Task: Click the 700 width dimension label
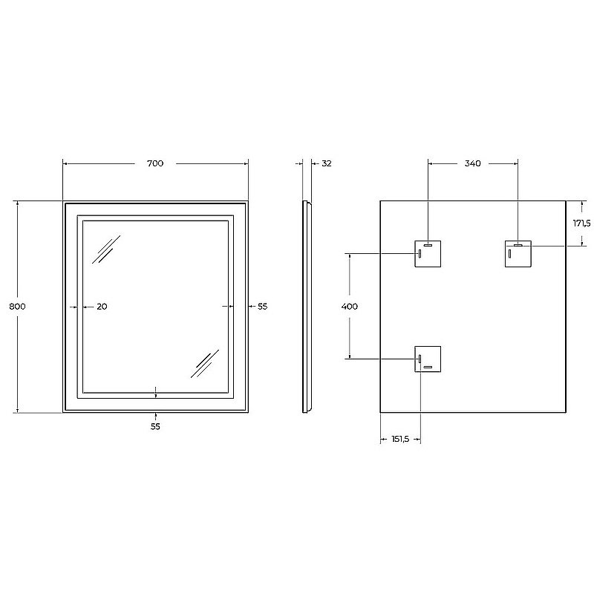(x=155, y=163)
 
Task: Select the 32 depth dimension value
(x=326, y=163)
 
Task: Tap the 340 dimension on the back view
(x=472, y=163)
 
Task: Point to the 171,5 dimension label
(x=581, y=223)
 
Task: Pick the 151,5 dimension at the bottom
(x=400, y=439)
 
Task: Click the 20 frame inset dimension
(x=102, y=306)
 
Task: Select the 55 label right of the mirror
(x=262, y=306)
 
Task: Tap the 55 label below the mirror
(x=155, y=426)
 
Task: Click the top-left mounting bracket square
(x=428, y=253)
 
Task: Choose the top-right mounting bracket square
(x=518, y=253)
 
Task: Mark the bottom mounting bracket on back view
(x=428, y=359)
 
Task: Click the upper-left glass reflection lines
(x=106, y=250)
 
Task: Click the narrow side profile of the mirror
(x=307, y=306)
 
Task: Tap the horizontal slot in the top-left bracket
(x=428, y=244)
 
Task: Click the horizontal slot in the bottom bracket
(x=428, y=368)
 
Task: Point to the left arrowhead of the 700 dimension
(x=66, y=163)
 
